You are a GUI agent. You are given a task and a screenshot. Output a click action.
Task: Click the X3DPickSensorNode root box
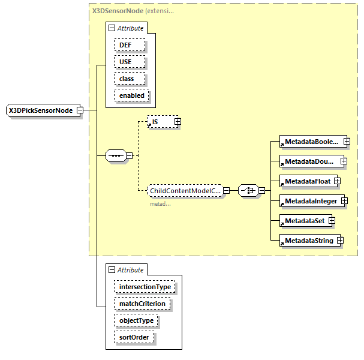[x=41, y=110]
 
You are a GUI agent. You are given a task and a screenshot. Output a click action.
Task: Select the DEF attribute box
[x=125, y=45]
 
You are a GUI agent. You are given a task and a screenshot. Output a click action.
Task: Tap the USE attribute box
[x=125, y=62]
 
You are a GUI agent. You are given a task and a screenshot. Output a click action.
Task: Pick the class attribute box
[x=127, y=79]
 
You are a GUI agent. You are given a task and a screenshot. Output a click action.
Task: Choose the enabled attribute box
[x=131, y=95]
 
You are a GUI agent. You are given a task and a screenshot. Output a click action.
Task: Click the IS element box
[x=160, y=122]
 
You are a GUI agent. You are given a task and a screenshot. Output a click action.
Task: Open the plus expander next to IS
[x=178, y=122]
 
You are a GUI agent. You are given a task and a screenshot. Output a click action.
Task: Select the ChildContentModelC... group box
[x=185, y=191]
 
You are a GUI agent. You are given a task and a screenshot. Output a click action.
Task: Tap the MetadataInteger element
[x=310, y=201]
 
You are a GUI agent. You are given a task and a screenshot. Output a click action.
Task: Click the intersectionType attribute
[x=145, y=287]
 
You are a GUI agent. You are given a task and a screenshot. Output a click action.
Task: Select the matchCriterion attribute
[x=142, y=304]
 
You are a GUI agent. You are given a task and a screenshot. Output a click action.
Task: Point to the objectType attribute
[x=136, y=320]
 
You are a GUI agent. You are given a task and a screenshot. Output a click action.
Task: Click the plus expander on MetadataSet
[x=331, y=221]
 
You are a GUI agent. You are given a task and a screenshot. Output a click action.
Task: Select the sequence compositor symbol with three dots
[x=115, y=156]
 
